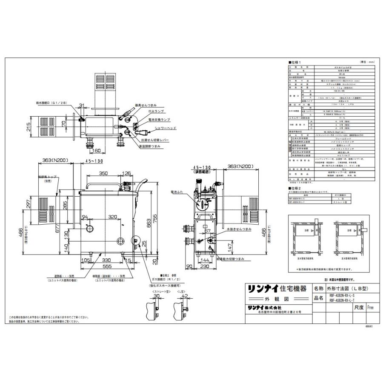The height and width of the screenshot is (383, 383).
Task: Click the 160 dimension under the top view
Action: [x=96, y=150]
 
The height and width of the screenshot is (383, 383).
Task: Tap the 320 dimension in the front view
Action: [x=112, y=217]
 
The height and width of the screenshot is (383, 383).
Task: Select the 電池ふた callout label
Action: [x=177, y=192]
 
